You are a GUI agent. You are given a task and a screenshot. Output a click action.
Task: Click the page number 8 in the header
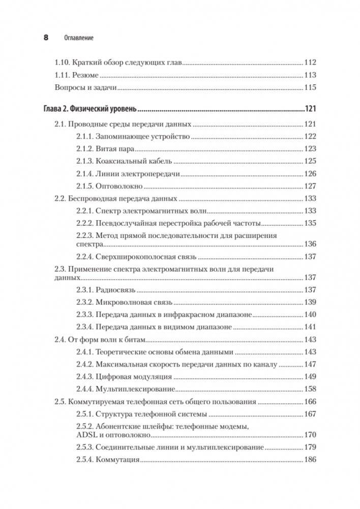pos(46,37)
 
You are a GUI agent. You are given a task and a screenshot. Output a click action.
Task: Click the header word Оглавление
pos(79,38)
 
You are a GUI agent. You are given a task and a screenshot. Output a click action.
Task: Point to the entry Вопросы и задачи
pos(85,87)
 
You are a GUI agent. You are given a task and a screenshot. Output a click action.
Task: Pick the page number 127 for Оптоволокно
pos(310,186)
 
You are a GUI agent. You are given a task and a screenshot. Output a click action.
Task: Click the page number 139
pos(310,302)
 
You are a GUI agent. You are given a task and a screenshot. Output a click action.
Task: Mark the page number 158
pos(310,390)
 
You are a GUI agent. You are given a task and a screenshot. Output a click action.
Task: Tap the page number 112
pos(310,63)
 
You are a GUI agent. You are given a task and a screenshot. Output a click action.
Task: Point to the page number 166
pos(310,402)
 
